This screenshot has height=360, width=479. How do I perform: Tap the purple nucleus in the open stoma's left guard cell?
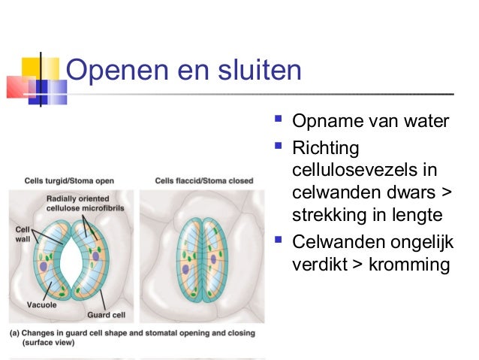(44, 266)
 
